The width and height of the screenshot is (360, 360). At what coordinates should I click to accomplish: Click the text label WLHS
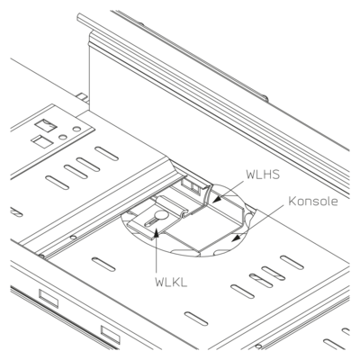click(x=263, y=175)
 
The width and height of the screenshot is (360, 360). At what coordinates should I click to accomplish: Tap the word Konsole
click(x=313, y=202)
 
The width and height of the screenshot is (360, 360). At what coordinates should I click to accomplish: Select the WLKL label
click(x=171, y=282)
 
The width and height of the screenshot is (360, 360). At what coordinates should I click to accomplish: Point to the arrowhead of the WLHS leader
click(x=216, y=200)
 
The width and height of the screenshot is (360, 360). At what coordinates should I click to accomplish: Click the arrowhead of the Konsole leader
click(x=237, y=238)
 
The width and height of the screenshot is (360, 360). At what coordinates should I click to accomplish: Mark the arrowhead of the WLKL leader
click(x=157, y=232)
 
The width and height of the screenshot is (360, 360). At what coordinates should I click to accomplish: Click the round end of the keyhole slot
click(x=162, y=215)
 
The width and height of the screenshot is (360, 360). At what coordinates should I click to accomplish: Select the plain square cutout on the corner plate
click(x=42, y=141)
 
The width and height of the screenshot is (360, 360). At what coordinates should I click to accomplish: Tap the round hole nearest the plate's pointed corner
click(x=77, y=130)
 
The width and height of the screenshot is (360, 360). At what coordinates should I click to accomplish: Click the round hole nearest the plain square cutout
click(x=62, y=137)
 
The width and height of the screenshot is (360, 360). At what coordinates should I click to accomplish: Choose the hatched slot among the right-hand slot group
click(x=262, y=280)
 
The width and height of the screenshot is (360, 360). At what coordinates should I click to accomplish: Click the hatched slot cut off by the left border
click(x=15, y=211)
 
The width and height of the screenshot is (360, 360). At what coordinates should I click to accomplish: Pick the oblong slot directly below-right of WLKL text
click(x=196, y=319)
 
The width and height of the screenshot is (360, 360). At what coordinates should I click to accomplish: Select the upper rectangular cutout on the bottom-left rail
click(x=49, y=298)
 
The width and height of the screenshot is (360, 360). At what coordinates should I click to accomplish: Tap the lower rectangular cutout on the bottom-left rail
click(x=111, y=335)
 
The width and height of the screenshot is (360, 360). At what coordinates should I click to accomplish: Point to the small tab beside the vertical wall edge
click(x=82, y=98)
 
